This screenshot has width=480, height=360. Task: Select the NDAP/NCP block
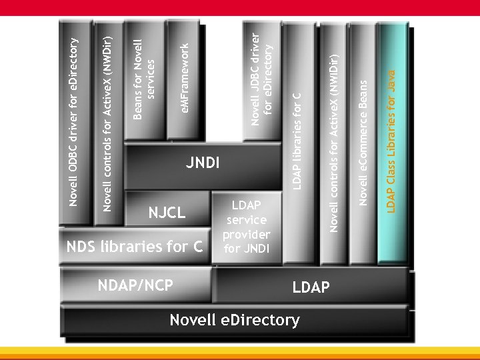click(136, 285)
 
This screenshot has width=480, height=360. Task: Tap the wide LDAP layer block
click(311, 287)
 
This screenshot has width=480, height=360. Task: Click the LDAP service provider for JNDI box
click(246, 227)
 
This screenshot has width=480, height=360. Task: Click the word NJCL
click(167, 213)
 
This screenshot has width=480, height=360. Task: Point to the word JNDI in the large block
click(203, 163)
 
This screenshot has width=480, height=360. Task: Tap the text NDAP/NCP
click(136, 285)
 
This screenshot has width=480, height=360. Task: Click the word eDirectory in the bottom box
click(264, 320)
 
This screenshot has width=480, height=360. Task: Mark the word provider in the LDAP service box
click(246, 235)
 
